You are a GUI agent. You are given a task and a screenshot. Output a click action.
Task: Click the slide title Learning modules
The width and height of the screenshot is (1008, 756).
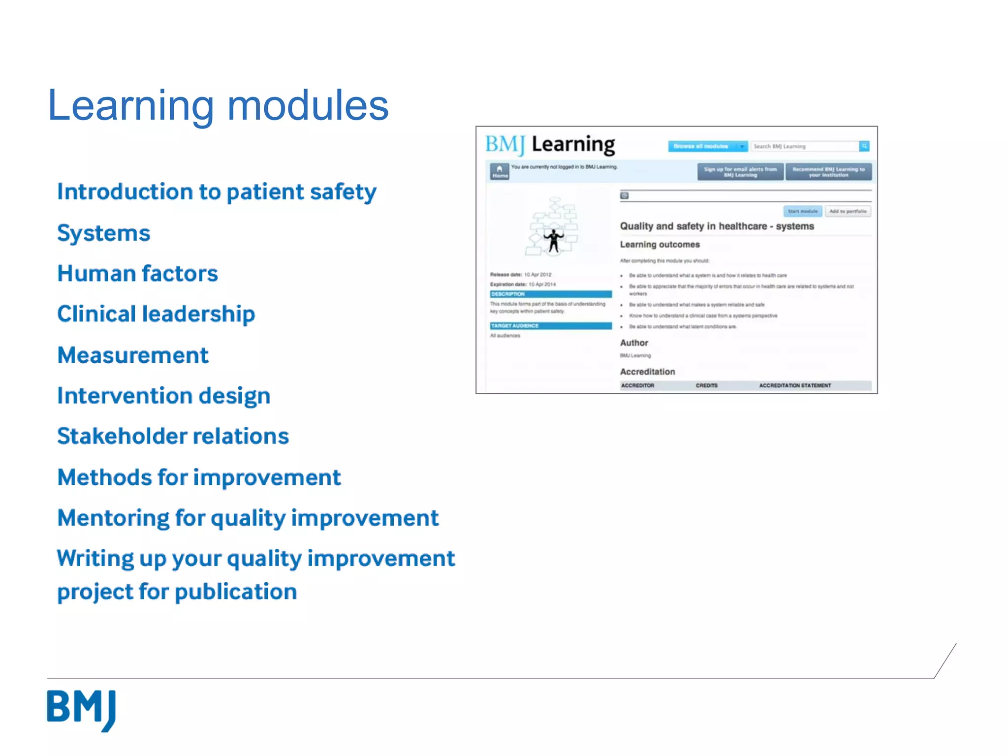(218, 106)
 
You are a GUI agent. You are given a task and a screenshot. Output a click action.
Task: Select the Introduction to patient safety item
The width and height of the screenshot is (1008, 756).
(217, 192)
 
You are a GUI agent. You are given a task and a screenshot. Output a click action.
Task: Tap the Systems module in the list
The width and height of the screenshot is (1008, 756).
(103, 233)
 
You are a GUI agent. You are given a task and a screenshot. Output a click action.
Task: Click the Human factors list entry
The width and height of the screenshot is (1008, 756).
(137, 274)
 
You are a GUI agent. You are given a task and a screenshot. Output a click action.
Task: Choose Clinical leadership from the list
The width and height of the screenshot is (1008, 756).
(156, 315)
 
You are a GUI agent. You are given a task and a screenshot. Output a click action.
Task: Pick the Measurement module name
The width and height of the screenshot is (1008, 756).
(133, 355)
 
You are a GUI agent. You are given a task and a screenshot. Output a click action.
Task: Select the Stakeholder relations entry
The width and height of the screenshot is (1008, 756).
(173, 437)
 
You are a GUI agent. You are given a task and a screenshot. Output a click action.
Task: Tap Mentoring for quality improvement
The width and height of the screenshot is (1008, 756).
(248, 518)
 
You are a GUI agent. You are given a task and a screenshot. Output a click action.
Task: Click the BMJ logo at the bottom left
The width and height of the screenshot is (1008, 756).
(82, 709)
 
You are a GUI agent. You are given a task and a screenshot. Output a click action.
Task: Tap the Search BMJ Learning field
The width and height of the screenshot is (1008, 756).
(804, 146)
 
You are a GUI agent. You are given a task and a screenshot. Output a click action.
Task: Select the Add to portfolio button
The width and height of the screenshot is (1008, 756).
(848, 211)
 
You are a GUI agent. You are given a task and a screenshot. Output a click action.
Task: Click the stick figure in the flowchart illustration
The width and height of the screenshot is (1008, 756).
(554, 240)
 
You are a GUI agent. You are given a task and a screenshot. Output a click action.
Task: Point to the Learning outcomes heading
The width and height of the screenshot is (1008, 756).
(660, 245)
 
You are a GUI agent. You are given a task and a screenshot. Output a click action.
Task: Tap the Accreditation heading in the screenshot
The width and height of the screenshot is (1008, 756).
(647, 372)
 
